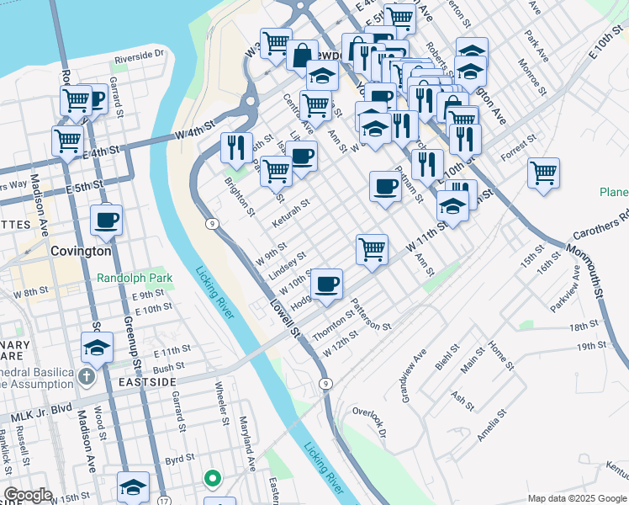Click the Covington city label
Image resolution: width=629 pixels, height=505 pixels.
click(x=81, y=251)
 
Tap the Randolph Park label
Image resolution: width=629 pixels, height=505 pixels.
click(x=134, y=277)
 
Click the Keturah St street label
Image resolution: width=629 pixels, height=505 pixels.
click(x=292, y=214)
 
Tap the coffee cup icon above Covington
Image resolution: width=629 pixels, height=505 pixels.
click(x=106, y=221)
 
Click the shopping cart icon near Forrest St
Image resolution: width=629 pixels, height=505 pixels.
click(x=543, y=173)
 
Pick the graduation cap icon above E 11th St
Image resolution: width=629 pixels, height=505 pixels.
click(x=98, y=347)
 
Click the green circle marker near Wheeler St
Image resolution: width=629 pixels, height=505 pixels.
click(x=213, y=479)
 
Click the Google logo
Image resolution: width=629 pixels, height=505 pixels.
click(x=28, y=495)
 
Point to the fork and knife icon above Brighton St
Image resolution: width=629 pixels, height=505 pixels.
click(x=236, y=146)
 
